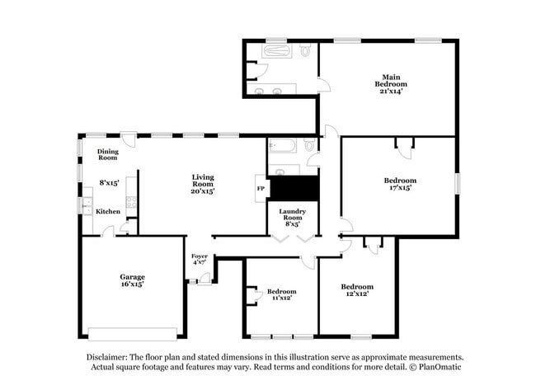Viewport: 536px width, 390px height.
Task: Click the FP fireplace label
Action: [x=261, y=189]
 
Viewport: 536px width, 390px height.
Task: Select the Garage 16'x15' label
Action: [x=132, y=280]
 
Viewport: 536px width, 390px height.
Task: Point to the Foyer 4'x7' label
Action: [x=200, y=258]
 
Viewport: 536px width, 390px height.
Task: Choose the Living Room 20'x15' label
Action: [x=203, y=183]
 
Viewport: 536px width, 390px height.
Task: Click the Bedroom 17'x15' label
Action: [x=400, y=184]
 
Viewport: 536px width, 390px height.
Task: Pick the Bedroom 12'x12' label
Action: [x=355, y=289]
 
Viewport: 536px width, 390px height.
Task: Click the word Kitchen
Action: [x=108, y=212]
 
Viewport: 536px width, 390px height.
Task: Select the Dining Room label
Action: [x=108, y=153]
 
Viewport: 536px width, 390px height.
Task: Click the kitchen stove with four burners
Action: [x=130, y=202]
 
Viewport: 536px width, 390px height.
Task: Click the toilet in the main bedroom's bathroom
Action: [x=306, y=51]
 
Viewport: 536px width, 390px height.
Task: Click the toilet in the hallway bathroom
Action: [x=311, y=146]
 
